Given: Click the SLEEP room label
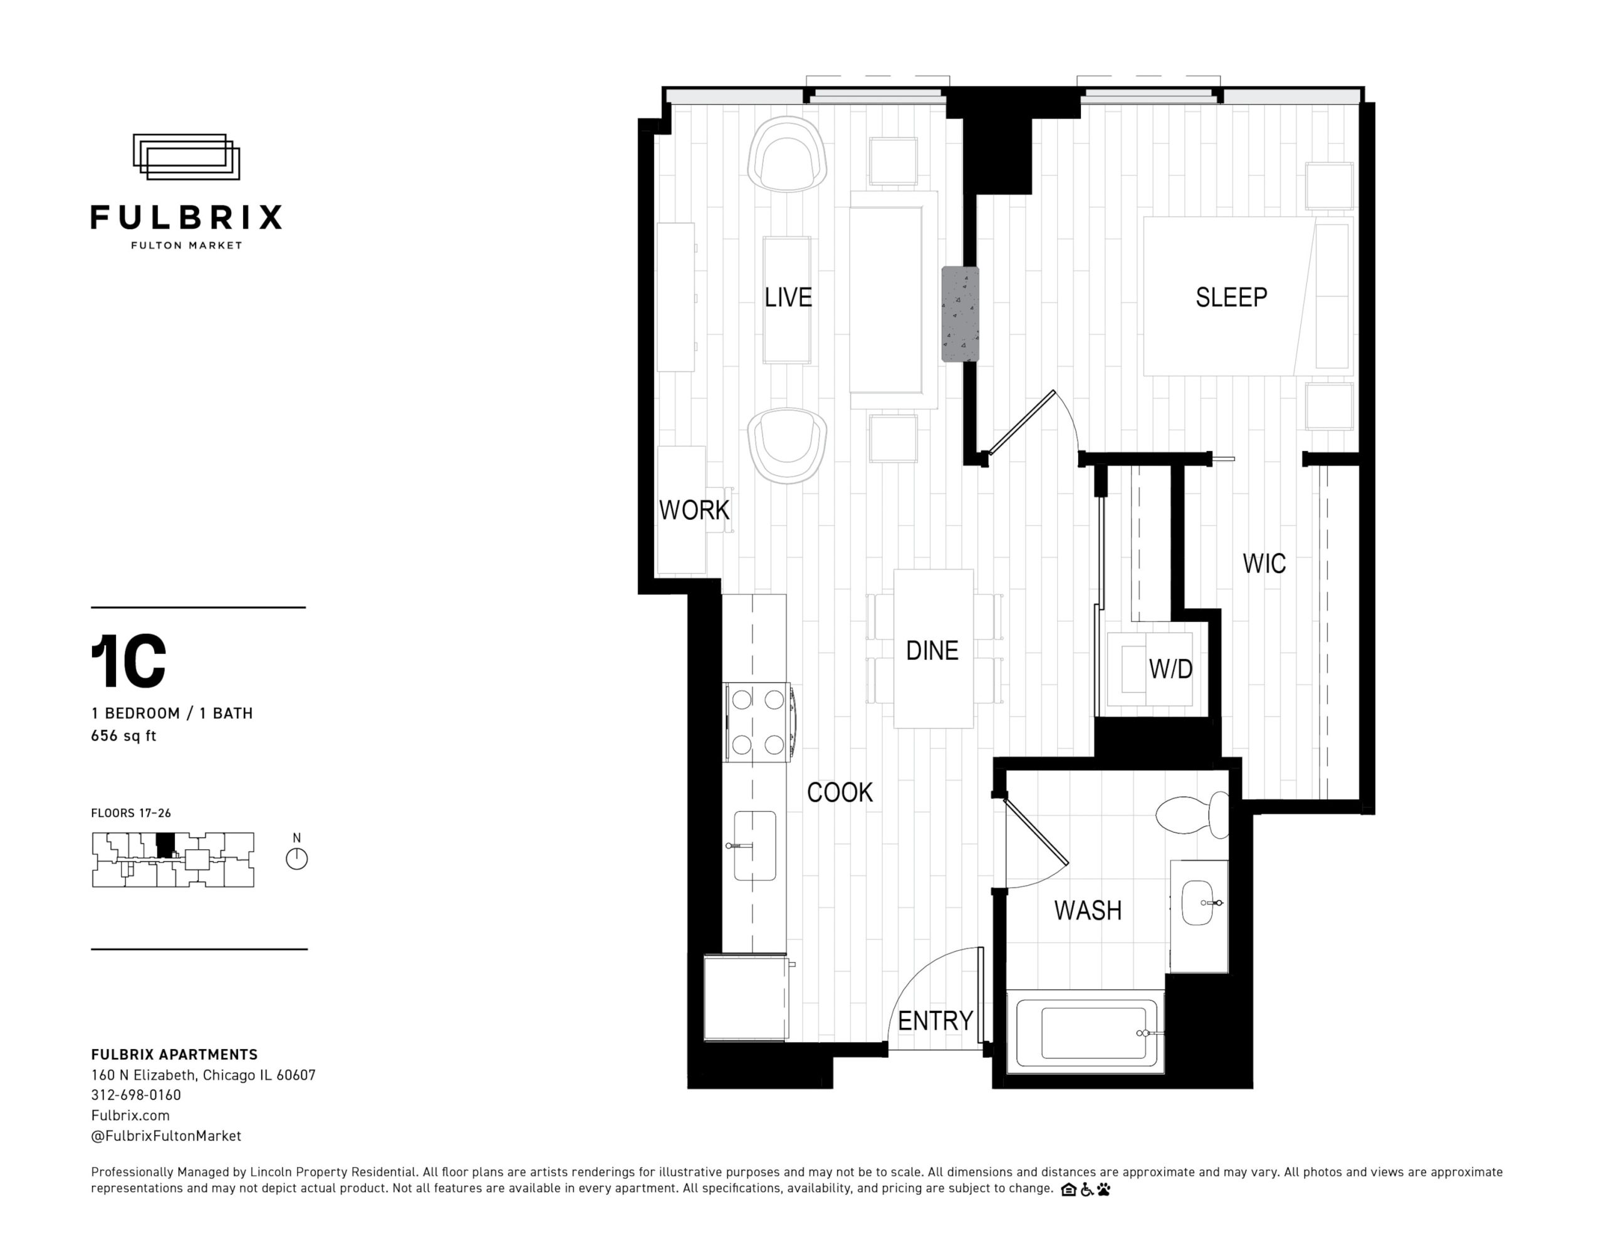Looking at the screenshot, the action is pos(1231,298).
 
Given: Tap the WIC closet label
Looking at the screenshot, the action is pos(1264,563).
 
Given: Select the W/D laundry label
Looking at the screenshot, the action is pos(1170,668).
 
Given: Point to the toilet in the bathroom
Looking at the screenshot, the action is pos(1192,814).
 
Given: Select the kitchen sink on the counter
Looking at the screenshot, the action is pos(754,846).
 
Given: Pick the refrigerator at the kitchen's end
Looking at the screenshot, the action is pos(746,997).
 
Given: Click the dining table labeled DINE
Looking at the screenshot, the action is pos(934,648).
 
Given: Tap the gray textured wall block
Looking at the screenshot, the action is pos(961,314).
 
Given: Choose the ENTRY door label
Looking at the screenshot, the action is pos(935,1020).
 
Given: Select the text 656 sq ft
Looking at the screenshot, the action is pos(123,735).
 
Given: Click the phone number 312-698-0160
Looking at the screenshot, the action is pos(136,1095).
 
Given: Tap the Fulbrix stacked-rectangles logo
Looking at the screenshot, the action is pos(187,157).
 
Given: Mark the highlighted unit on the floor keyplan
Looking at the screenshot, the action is pos(165,844).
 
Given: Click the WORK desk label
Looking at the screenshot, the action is pos(694,510).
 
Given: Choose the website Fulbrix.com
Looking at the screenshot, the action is pos(130,1115).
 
